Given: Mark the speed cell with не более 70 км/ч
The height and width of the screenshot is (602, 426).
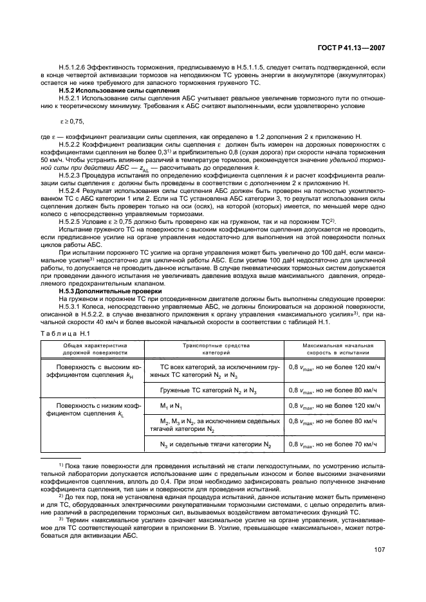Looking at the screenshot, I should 334,444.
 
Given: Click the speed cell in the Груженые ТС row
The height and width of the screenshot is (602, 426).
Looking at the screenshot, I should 334,390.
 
